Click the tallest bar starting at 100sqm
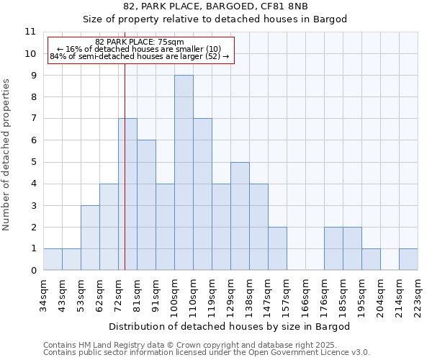184,173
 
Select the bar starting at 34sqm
53,259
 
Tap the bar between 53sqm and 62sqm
90,238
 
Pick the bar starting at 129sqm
240,216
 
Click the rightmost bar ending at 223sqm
408,259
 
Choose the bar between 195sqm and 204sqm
371,259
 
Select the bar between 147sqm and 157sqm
277,248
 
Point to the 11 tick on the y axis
30,32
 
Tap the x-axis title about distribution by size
230,327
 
